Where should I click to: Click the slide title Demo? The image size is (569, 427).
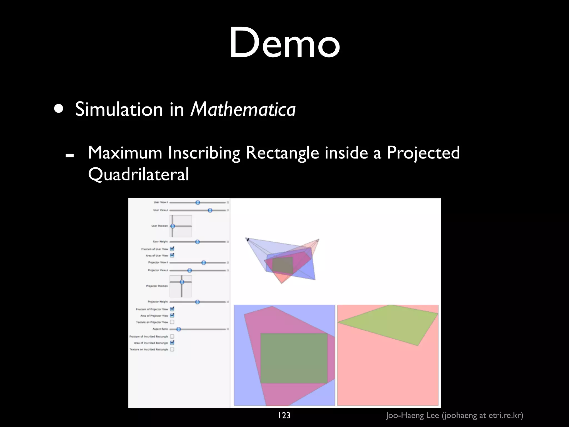tap(284, 43)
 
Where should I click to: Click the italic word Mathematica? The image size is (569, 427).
tap(243, 109)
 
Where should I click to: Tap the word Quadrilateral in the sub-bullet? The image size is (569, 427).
tap(138, 174)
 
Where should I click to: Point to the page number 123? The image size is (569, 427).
tap(284, 415)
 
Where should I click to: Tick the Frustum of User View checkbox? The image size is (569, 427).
tap(172, 249)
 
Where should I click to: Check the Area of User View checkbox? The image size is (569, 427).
tap(172, 255)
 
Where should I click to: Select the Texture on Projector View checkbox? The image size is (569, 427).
tap(172, 322)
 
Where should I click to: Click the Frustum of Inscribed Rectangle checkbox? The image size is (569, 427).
tap(172, 336)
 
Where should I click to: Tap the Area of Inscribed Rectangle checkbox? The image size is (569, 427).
tap(172, 343)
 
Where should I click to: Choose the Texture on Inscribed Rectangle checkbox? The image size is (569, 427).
tap(172, 349)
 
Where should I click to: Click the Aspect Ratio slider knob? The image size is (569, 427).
tap(179, 329)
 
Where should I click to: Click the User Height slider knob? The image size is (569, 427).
tap(197, 242)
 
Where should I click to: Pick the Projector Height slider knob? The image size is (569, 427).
tap(197, 302)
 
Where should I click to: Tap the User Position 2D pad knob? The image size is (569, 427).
tap(173, 226)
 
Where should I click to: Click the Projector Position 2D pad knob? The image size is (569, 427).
tap(182, 282)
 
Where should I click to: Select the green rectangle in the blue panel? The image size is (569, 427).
tap(294, 358)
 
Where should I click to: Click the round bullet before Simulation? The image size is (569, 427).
tap(59, 109)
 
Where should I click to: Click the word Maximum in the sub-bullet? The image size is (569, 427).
tap(125, 153)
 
